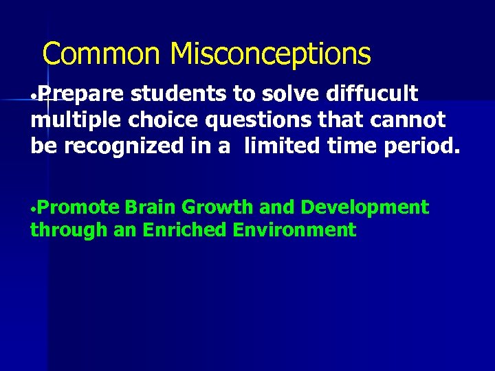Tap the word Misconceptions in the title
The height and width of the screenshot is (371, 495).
coord(270,54)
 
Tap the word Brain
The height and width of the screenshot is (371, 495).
coord(151,207)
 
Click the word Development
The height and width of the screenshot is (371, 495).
coord(365,207)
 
